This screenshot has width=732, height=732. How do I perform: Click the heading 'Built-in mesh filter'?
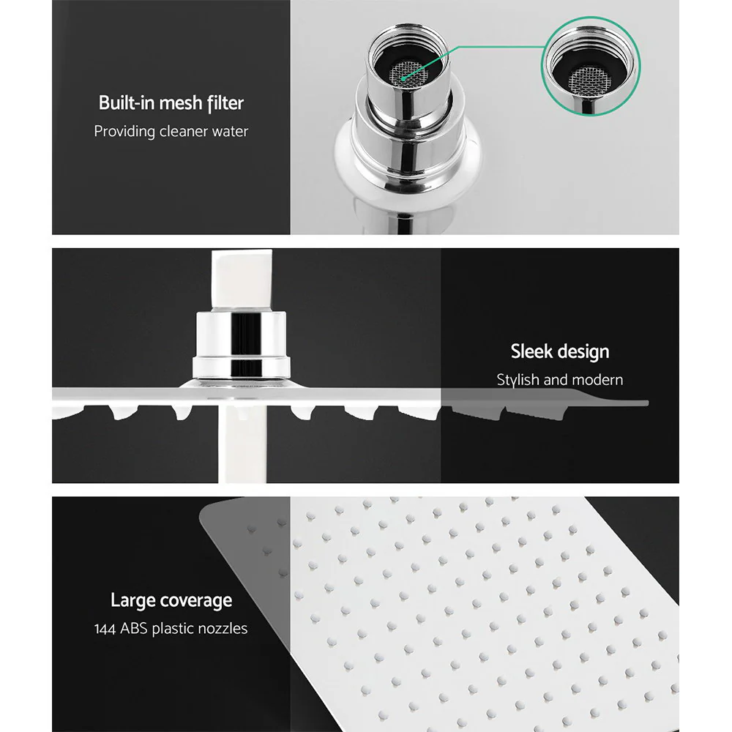click(x=171, y=102)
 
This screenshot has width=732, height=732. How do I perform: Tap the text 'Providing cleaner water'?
click(x=171, y=132)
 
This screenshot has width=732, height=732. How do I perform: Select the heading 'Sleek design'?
click(x=559, y=351)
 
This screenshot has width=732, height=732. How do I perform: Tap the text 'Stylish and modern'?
click(x=559, y=380)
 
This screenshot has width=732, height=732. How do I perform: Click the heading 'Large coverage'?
click(x=171, y=601)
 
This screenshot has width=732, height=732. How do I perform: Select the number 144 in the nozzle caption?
click(x=106, y=629)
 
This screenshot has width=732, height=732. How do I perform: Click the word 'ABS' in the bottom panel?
click(x=135, y=629)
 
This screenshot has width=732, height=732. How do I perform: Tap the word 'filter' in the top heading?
click(x=224, y=102)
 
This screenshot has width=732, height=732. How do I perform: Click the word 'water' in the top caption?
click(x=228, y=132)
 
